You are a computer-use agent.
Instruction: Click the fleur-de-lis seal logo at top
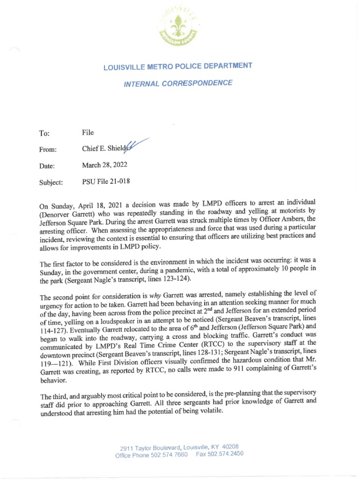pos(179,29)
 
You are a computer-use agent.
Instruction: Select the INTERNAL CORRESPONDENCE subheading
pos(178,84)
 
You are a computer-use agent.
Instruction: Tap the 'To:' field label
pos(45,134)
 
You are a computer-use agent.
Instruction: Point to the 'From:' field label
pos(48,150)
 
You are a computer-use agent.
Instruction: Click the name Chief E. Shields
pos(105,149)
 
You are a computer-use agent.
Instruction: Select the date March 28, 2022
pos(104,165)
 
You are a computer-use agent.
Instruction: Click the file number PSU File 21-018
pos(106,181)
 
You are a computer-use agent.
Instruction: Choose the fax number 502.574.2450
pos(227,454)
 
